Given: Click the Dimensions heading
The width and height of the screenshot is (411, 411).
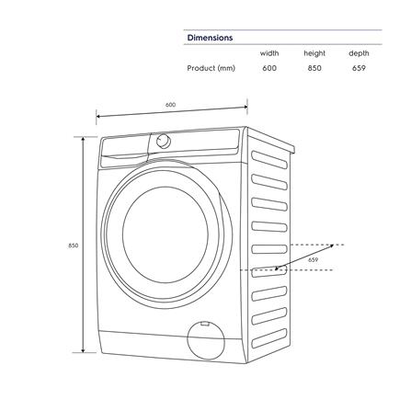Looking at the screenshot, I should (210, 38).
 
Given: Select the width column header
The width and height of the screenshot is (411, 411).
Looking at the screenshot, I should (269, 53).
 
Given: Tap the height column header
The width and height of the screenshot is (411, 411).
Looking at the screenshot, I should (314, 53).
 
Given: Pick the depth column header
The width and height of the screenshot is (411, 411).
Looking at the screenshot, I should (359, 53).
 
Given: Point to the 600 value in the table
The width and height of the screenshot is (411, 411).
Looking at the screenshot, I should (269, 68).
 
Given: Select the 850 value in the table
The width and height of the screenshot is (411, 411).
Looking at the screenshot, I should (314, 68).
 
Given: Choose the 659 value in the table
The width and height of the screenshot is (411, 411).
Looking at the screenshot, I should (359, 68).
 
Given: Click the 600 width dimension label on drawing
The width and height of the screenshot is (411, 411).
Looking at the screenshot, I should (171, 104).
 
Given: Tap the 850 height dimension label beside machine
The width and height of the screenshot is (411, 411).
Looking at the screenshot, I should (72, 245).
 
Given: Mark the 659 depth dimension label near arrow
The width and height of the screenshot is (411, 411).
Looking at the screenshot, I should (314, 260).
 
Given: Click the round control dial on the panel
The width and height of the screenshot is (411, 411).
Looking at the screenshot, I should (164, 141).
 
